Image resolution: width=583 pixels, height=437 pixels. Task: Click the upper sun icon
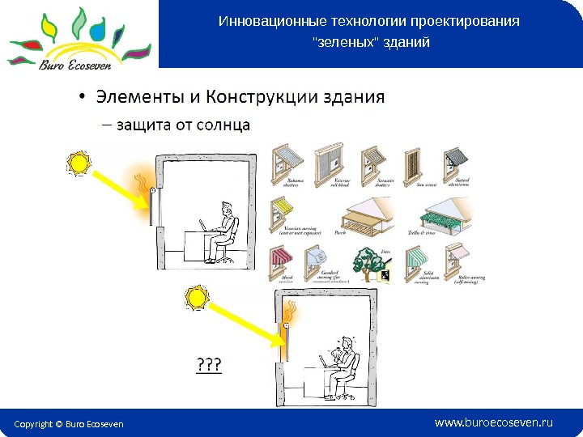(x=79, y=164)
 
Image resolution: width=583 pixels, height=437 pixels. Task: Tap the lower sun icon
(x=197, y=299)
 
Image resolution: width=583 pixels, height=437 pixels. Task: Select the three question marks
(x=209, y=365)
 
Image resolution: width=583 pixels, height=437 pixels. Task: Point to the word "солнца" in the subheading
(x=225, y=125)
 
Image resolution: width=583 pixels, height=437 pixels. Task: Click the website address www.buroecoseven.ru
(x=493, y=422)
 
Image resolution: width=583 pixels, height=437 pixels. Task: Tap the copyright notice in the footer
(x=69, y=424)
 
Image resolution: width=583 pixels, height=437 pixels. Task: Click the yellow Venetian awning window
(x=284, y=212)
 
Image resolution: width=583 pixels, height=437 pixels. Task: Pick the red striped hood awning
(x=280, y=261)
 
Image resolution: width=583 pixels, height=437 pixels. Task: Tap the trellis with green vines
(x=442, y=214)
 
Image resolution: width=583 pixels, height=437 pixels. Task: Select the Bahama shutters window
(x=287, y=163)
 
